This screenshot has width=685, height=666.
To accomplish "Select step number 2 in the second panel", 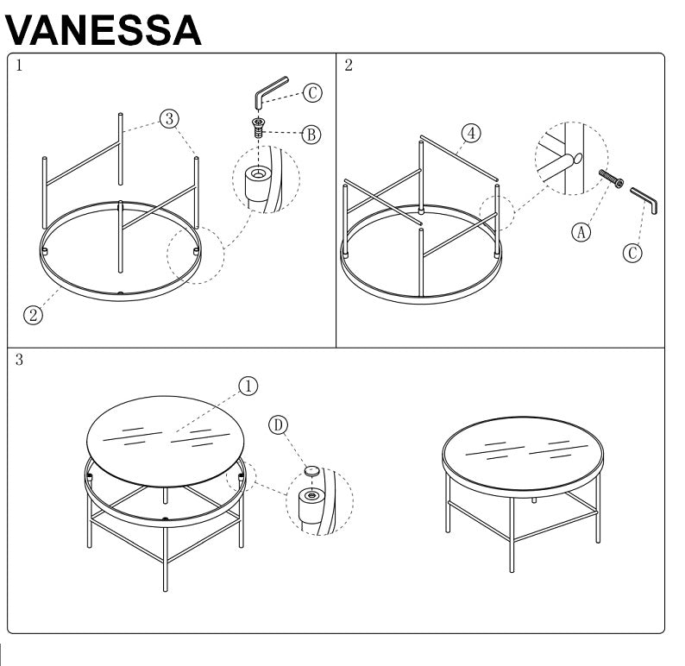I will point(348,66).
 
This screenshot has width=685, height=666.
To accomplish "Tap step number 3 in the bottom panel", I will point(19,361).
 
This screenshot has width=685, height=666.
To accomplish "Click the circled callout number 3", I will point(169,117).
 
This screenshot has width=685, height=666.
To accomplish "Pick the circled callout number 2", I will point(33,315).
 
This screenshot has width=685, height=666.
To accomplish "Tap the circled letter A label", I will point(582,230).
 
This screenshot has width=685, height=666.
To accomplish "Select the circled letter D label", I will point(278,425).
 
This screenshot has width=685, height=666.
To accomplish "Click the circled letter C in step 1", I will point(311,94).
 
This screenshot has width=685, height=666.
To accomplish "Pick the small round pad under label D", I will point(312,471).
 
